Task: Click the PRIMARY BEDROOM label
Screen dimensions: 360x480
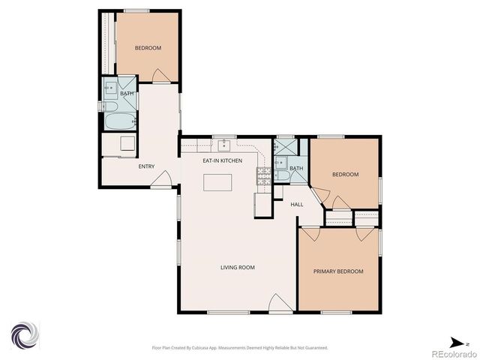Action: pos(338,271)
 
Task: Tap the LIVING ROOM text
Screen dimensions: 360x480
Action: pos(237,268)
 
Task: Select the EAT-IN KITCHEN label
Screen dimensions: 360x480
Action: pos(222,160)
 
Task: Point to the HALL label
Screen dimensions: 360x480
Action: pos(297,204)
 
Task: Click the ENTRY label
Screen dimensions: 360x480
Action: pos(146,166)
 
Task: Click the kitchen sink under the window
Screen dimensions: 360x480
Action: pos(223,145)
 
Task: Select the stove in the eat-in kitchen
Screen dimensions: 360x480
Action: pos(264,176)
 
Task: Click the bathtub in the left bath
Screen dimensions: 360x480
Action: pos(118,121)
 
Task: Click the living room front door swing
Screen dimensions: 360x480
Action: pos(278,303)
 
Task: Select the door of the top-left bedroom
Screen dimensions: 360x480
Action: pos(159,76)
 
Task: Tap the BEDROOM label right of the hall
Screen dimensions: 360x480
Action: pos(345,175)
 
